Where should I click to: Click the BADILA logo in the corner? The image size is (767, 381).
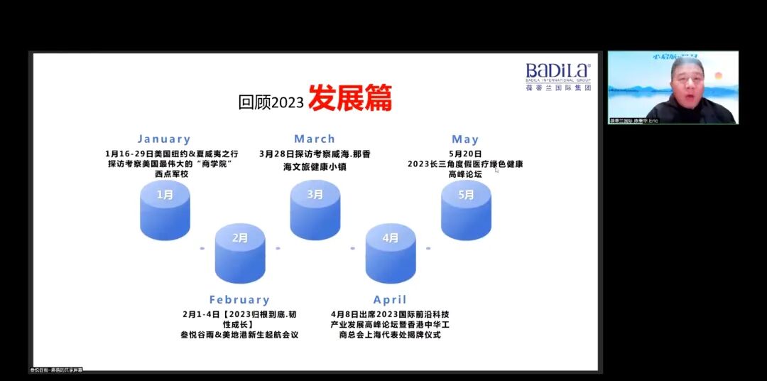pos(558,76)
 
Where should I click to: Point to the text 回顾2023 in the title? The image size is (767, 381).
pos(271,102)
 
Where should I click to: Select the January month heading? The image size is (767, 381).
pos(164,139)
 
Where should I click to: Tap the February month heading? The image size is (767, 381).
pos(239,300)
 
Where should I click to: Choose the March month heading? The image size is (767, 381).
pos(315,139)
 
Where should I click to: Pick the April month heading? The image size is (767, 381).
pos(390,300)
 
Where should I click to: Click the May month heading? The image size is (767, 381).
pos(465,139)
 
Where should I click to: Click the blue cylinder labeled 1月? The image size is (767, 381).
pos(165,209)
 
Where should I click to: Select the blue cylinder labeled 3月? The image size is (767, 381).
pos(315,209)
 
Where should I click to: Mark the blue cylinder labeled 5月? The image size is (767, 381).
pos(466,209)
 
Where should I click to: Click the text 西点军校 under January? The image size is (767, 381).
pos(164,174)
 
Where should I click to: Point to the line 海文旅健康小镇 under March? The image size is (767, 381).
pos(315,166)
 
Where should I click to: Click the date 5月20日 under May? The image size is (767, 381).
pos(465,154)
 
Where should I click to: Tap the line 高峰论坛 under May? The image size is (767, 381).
pos(465,174)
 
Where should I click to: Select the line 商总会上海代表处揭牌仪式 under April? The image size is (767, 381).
pos(390,335)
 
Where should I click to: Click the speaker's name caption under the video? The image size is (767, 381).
pos(634,121)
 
